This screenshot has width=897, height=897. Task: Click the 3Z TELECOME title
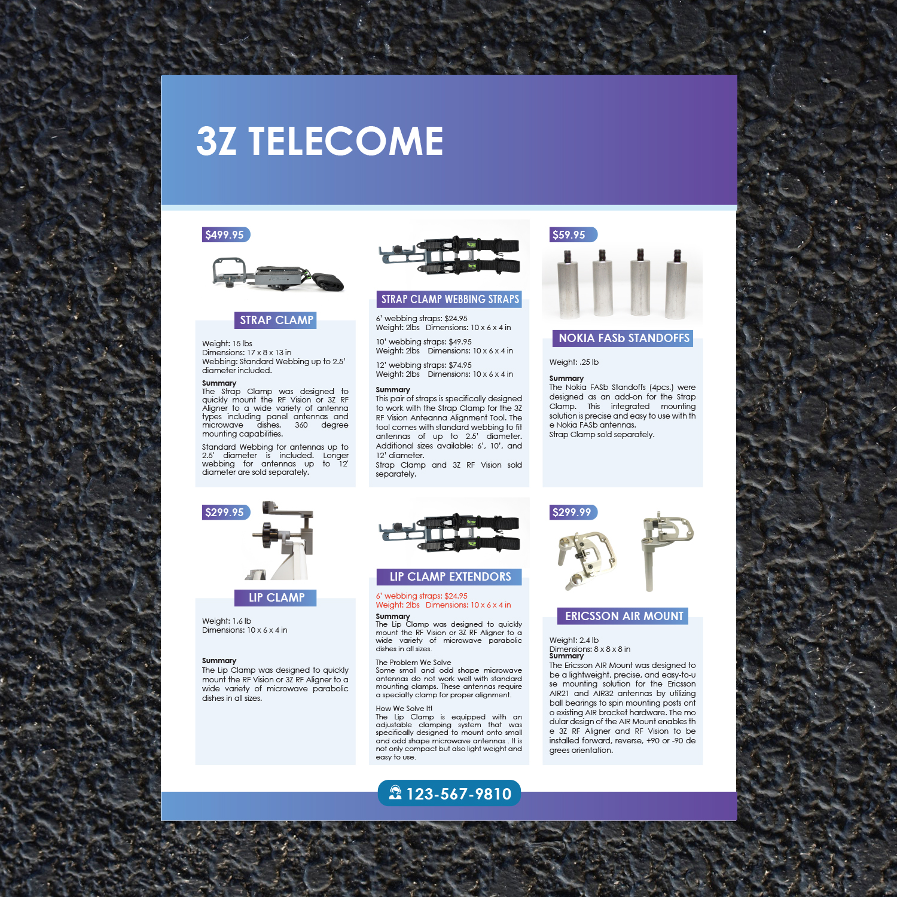coord(320,141)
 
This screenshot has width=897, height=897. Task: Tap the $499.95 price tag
coord(225,235)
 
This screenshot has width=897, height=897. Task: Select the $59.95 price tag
coord(569,235)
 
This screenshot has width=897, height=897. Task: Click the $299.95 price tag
coord(225,512)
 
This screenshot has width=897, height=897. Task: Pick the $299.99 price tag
coord(572,512)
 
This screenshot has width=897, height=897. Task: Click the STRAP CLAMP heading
coord(276,321)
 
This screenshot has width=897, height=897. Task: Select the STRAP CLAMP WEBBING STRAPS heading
coord(450,300)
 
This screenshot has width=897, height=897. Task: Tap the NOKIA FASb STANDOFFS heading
coord(624,338)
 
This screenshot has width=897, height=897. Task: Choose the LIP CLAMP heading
coord(276,598)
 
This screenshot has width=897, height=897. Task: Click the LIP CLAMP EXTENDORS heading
coord(450,577)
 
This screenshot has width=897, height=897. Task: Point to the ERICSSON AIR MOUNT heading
coord(624,616)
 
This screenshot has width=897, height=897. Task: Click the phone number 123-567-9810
coord(459,794)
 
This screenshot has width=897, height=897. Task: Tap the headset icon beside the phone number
coord(395,793)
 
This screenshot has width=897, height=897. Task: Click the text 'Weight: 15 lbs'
coord(227,344)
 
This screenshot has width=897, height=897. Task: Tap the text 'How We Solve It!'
coord(404,709)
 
